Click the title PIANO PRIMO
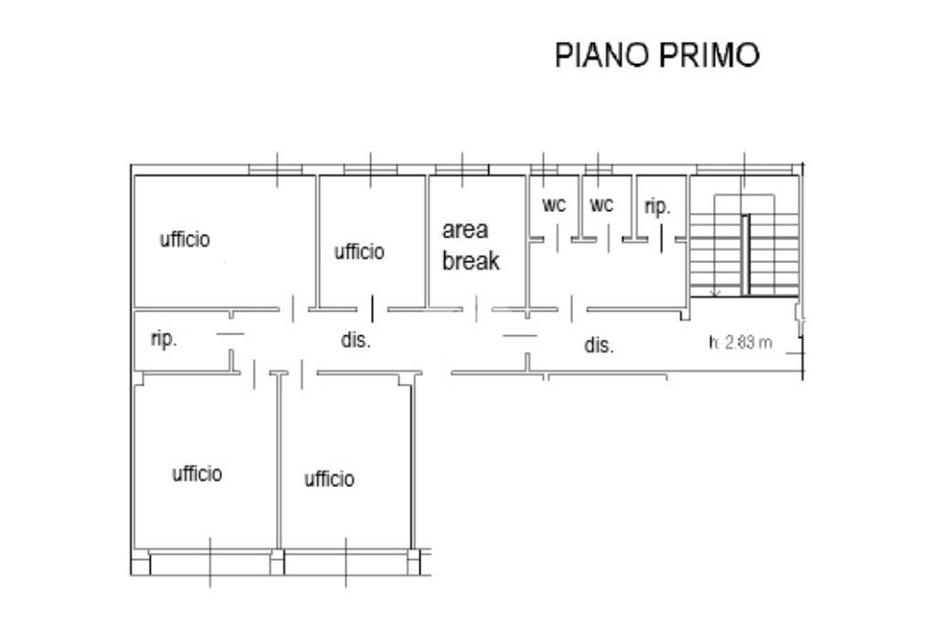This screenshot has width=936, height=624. pyautogui.click(x=657, y=55)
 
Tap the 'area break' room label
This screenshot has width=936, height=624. pyautogui.click(x=471, y=246)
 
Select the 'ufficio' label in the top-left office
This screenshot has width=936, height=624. pyautogui.click(x=185, y=239)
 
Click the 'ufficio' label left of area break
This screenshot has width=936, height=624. pyautogui.click(x=359, y=251)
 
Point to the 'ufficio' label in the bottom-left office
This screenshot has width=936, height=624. pyautogui.click(x=197, y=473)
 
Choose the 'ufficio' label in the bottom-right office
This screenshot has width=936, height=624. pyautogui.click(x=329, y=479)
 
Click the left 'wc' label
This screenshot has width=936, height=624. pyautogui.click(x=554, y=206)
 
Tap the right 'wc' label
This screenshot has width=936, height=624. pyautogui.click(x=601, y=206)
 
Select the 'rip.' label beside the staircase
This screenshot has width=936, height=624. pyautogui.click(x=657, y=207)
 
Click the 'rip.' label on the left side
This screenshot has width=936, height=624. pyautogui.click(x=164, y=339)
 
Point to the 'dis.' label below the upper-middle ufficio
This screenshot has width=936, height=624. pyautogui.click(x=356, y=341)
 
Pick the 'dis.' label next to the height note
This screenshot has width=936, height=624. pyautogui.click(x=599, y=346)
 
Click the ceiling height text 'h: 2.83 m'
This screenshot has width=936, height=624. pyautogui.click(x=740, y=344)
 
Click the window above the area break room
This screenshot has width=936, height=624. pyautogui.click(x=462, y=169)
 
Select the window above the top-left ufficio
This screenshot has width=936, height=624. pyautogui.click(x=276, y=169)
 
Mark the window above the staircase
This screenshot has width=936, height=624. pyautogui.click(x=744, y=169)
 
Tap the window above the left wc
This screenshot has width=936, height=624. pyautogui.click(x=544, y=169)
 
